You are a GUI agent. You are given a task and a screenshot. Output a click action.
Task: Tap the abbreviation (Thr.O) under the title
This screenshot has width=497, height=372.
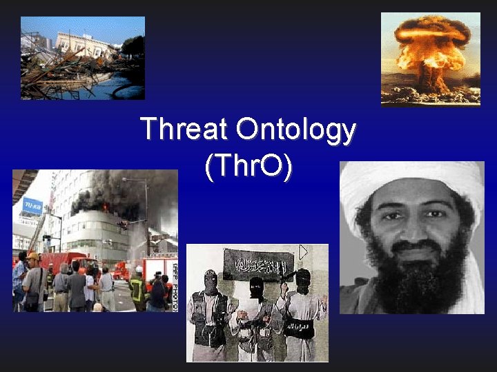pyautogui.click(x=248, y=167)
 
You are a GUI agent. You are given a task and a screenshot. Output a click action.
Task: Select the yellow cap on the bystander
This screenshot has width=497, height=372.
pyautogui.click(x=32, y=257)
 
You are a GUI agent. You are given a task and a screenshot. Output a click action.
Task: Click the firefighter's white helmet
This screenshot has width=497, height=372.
pyautogui.click(x=139, y=269)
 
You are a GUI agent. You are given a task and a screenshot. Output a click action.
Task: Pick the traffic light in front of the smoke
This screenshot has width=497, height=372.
pyautogui.click(x=123, y=225)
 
